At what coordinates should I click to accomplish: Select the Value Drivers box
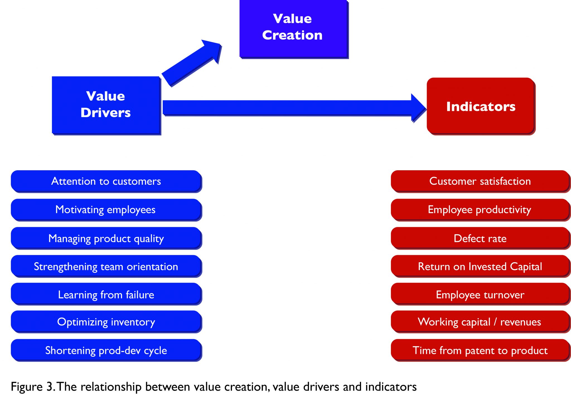pyautogui.click(x=106, y=105)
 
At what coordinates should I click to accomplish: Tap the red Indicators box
pyautogui.click(x=480, y=106)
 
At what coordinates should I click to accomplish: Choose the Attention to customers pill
pyautogui.click(x=106, y=181)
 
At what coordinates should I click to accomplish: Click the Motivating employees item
pyautogui.click(x=106, y=210)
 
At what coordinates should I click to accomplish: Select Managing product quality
pyautogui.click(x=106, y=238)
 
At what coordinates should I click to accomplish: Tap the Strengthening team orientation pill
pyautogui.click(x=106, y=266)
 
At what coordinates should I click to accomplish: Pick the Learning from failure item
pyautogui.click(x=106, y=294)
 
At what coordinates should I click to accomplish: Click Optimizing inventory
pyautogui.click(x=106, y=322)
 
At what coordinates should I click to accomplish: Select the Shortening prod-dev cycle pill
pyautogui.click(x=106, y=350)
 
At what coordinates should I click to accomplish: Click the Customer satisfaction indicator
pyautogui.click(x=480, y=181)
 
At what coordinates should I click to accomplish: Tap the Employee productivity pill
pyautogui.click(x=480, y=210)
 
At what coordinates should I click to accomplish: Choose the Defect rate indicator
pyautogui.click(x=480, y=238)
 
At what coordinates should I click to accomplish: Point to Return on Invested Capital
pyautogui.click(x=480, y=266)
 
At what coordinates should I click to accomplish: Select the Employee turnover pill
pyautogui.click(x=480, y=294)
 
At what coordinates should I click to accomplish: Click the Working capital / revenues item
pyautogui.click(x=480, y=322)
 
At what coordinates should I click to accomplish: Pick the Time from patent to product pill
pyautogui.click(x=480, y=350)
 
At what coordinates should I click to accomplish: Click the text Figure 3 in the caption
pyautogui.click(x=32, y=387)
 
